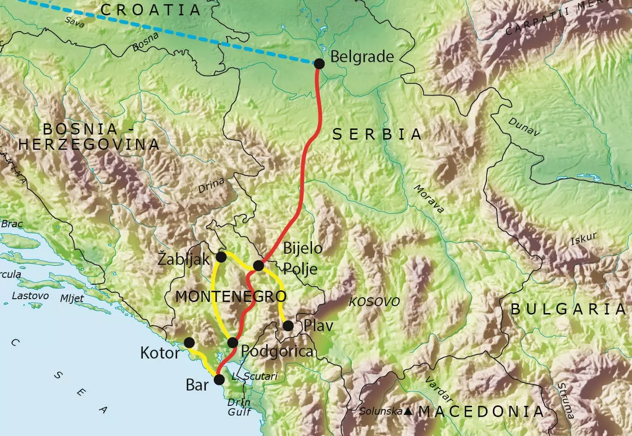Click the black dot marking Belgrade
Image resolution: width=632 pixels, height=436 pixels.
[x=319, y=64]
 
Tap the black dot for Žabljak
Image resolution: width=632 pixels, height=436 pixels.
[x=221, y=257]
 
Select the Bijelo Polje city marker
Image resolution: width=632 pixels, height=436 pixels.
[x=258, y=266]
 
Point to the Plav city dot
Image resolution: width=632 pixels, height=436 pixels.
[x=288, y=326]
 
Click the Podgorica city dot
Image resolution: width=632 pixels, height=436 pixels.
[x=233, y=343]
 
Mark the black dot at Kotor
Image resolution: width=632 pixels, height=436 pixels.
[x=189, y=343]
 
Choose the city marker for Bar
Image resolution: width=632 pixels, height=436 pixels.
[x=219, y=380]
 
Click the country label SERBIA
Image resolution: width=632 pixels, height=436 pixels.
[x=377, y=134]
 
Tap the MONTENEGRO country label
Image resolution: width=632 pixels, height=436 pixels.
[x=231, y=297]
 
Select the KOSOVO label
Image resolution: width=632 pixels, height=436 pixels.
[x=375, y=302]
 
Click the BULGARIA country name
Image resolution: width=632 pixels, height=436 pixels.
[x=568, y=310]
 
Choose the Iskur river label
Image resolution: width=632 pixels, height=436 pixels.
[x=583, y=238]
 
